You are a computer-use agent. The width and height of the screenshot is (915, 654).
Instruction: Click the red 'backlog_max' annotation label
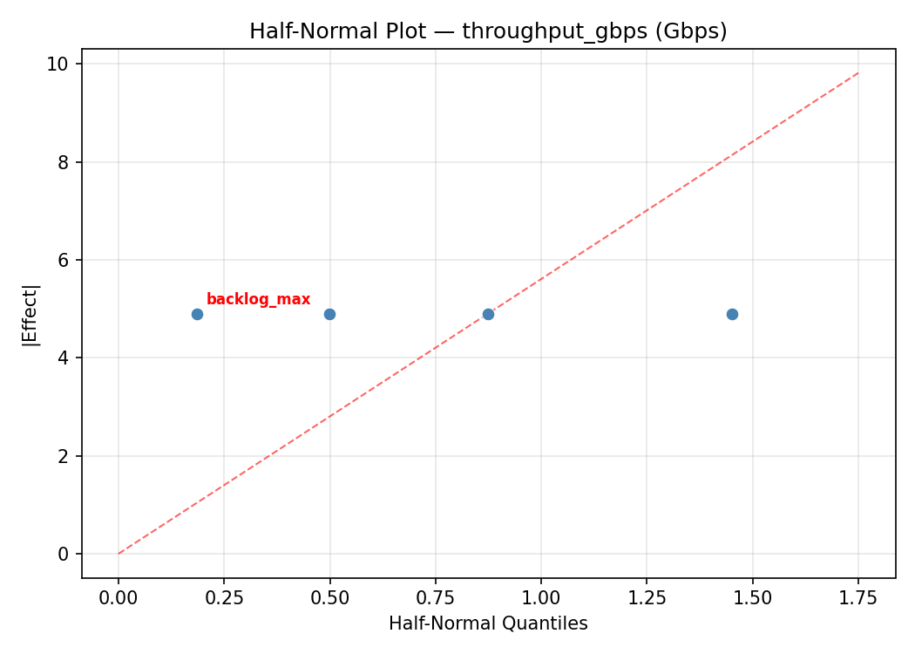[x=258, y=300]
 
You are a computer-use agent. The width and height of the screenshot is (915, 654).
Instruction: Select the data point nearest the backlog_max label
[x=197, y=314]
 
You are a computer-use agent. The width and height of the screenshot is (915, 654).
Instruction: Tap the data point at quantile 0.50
[x=329, y=314]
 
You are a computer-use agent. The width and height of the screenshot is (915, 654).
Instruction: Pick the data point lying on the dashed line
[x=488, y=314]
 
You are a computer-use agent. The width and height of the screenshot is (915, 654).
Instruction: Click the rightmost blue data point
[x=732, y=314]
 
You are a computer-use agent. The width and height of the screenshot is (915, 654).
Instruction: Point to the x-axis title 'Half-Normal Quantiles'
[x=488, y=623]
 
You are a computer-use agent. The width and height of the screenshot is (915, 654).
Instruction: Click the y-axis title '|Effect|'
[x=30, y=315]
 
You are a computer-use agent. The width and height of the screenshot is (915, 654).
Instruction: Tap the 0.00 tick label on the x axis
[x=118, y=598]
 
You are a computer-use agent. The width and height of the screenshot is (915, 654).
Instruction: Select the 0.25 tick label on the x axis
[x=223, y=598]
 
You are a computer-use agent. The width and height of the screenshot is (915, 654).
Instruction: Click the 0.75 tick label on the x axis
[x=435, y=598]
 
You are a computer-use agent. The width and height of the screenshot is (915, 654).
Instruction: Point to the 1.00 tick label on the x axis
[x=540, y=598]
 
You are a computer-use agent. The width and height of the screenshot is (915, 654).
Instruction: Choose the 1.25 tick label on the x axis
[x=647, y=598]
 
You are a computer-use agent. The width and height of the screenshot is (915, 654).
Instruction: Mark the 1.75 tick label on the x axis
[x=857, y=598]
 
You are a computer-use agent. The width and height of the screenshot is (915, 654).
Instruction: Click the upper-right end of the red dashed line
[x=857, y=73]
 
